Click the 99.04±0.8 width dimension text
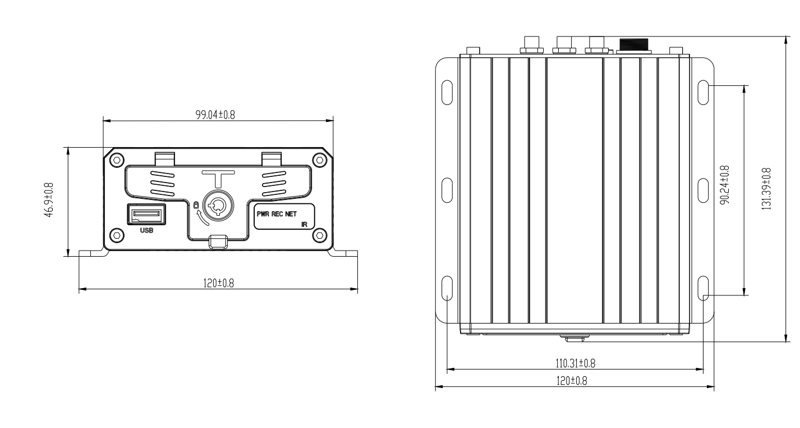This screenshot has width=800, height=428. [215, 115]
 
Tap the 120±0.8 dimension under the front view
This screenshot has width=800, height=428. [218, 283]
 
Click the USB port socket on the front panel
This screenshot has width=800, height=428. [147, 215]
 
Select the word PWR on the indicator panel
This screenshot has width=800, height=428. [264, 214]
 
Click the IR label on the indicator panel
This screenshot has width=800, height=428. [304, 224]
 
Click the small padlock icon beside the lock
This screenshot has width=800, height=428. [195, 205]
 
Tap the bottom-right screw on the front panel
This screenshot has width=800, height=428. [319, 235]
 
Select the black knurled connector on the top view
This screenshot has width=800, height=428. [633, 44]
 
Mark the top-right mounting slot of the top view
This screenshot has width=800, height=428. [704, 92]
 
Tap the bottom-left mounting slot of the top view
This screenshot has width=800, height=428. [447, 288]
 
